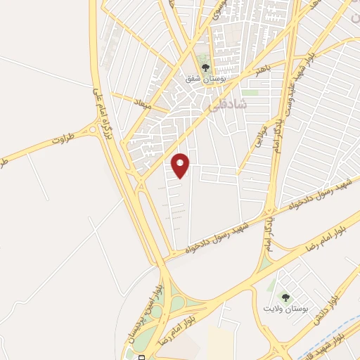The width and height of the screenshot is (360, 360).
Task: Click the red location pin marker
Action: (181, 165)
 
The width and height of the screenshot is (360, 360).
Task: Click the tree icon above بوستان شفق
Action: (205, 68)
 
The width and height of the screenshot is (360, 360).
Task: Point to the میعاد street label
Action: (143, 102)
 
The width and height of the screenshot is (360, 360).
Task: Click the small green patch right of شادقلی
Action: (250, 92)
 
